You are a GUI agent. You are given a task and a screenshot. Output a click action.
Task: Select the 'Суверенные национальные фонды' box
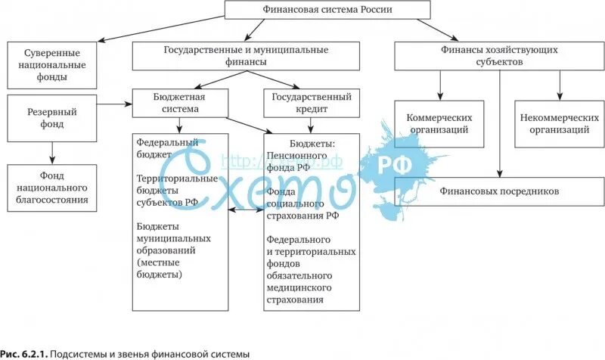tap(51, 65)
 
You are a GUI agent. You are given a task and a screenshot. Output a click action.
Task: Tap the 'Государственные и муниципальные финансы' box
tap(246, 56)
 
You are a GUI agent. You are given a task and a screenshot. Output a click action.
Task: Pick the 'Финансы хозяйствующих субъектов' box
tap(499, 56)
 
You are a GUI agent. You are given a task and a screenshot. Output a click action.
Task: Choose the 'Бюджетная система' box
tap(179, 103)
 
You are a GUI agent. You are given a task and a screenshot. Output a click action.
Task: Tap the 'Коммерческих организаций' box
tap(439, 124)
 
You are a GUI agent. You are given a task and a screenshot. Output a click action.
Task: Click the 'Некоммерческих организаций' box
tap(554, 124)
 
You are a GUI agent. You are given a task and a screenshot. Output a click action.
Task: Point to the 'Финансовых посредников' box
tap(499, 191)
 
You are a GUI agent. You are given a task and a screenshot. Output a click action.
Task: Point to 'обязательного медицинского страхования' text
tap(299, 288)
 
